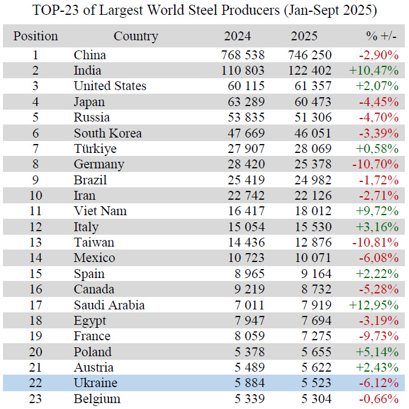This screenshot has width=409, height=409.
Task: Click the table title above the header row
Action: point(204,10)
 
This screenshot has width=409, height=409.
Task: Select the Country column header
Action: point(136,36)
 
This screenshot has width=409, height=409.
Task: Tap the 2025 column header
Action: point(304,36)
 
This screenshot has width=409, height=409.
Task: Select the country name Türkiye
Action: point(95,149)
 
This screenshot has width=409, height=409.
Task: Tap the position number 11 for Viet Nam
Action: point(36,211)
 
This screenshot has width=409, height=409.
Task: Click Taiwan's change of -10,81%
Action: point(377,242)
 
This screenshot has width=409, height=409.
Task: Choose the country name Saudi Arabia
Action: point(109,305)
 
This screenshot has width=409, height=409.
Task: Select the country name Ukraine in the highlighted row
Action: point(95,383)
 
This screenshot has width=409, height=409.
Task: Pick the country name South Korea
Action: point(107,133)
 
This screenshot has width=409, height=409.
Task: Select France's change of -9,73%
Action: point(379,336)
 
